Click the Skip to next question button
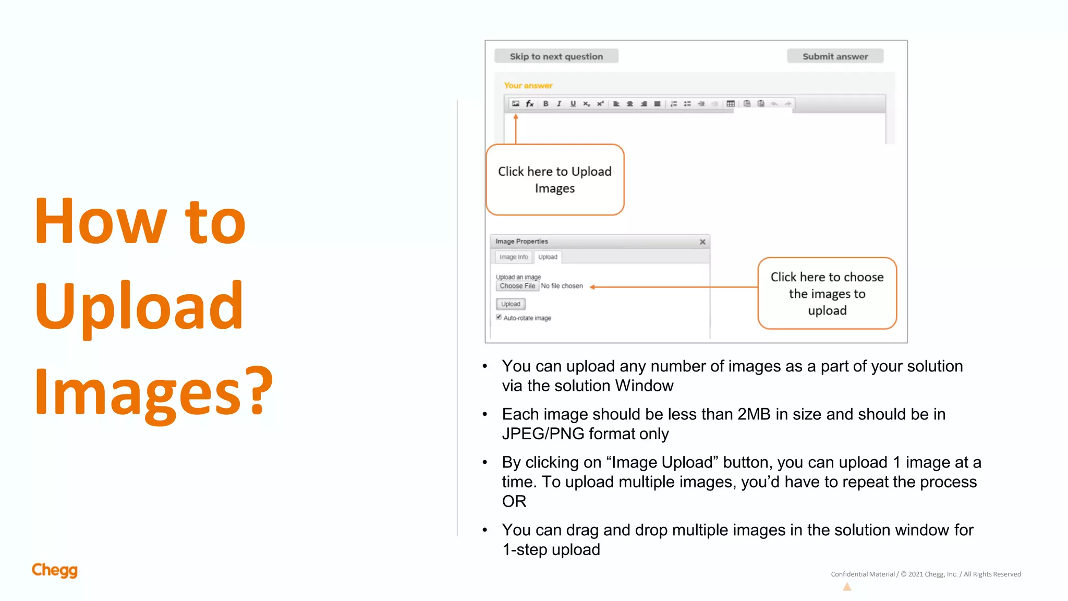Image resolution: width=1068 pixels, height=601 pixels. point(556,56)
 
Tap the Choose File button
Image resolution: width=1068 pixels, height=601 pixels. point(517,286)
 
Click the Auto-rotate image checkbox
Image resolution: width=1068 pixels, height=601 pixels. point(499,317)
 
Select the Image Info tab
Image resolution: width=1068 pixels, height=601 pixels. point(513,257)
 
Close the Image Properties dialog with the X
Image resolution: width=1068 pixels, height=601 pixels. point(702,242)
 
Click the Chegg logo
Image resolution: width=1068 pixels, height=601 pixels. point(54,570)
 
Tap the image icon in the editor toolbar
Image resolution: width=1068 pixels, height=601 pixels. point(516,103)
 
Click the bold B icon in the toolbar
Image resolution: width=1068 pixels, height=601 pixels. point(545,103)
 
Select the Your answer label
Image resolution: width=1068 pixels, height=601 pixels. point(528,86)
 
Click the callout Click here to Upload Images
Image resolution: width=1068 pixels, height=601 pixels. point(555,179)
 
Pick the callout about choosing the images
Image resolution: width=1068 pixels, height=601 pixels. point(827,293)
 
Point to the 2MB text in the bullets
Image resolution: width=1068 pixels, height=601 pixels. point(754,414)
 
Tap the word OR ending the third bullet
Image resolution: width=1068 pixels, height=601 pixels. point(514,501)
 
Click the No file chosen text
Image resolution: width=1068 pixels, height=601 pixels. point(562,286)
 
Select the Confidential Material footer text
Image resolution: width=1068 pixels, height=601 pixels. point(863,574)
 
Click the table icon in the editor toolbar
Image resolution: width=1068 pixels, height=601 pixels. point(731,103)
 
